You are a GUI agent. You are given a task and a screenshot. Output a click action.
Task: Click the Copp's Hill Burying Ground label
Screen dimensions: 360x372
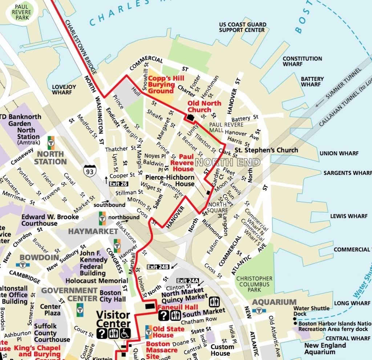tap(166, 84)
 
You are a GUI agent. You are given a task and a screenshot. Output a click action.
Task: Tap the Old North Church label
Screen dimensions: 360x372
tap(204, 106)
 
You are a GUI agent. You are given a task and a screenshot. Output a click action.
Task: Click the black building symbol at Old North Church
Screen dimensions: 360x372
tap(191, 117)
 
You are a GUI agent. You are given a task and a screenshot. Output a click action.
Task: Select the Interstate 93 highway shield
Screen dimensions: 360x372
tap(89, 170)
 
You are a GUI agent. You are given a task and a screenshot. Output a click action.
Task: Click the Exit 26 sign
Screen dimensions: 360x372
tap(119, 184)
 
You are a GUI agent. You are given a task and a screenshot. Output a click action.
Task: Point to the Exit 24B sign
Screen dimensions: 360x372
tap(158, 267)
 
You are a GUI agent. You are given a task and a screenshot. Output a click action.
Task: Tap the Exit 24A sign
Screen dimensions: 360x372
tap(188, 280)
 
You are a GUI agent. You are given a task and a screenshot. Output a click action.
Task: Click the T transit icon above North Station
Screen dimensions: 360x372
tap(51, 140)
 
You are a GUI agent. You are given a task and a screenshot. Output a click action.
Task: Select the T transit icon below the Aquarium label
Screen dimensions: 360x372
tap(259, 310)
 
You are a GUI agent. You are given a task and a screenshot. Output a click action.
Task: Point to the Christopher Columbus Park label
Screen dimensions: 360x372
tap(254, 284)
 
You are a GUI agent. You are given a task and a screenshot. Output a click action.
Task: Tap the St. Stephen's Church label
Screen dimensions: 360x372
tap(266, 150)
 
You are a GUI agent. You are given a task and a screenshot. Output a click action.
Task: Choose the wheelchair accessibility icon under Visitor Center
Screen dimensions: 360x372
tap(126, 333)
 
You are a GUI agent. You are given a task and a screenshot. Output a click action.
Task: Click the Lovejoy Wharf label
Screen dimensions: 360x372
tap(64, 90)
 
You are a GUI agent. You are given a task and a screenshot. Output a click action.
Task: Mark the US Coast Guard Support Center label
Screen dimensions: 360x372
tap(242, 27)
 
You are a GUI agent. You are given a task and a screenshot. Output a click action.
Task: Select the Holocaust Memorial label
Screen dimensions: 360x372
tap(96, 281)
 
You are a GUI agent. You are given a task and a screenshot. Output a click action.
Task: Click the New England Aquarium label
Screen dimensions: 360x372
tap(325, 348)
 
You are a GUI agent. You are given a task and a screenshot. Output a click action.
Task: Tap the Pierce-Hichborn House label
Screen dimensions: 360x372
tap(170, 181)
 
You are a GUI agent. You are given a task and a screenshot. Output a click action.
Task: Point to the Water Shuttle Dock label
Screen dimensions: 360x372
tap(311, 311)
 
